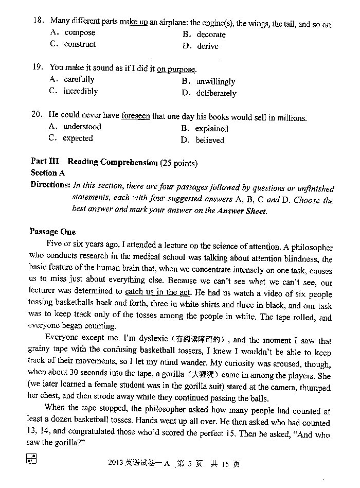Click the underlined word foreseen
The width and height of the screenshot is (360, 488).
pyautogui.click(x=136, y=117)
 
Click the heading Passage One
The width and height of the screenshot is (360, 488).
pyautogui.click(x=52, y=232)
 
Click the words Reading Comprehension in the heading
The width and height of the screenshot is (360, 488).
pyautogui.click(x=113, y=163)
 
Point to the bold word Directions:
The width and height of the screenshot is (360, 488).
pyautogui.click(x=50, y=185)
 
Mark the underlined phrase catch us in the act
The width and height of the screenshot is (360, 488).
pyautogui.click(x=158, y=292)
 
